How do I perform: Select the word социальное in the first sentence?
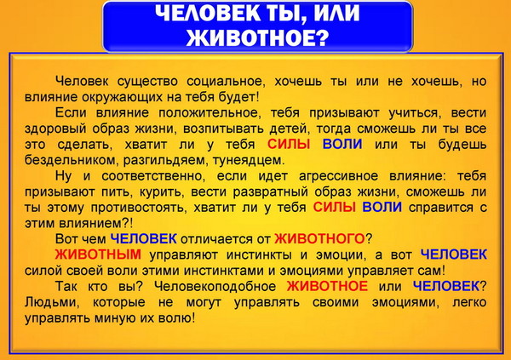tap(226, 82)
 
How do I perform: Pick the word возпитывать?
tap(224, 129)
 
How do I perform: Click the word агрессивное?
tap(339, 176)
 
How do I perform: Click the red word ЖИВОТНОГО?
tap(319, 239)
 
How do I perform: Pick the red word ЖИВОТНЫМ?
tap(98, 254)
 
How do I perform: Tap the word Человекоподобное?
tap(215, 287)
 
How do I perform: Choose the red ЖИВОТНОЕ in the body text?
tap(327, 286)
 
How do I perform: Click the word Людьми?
tap(52, 303)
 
